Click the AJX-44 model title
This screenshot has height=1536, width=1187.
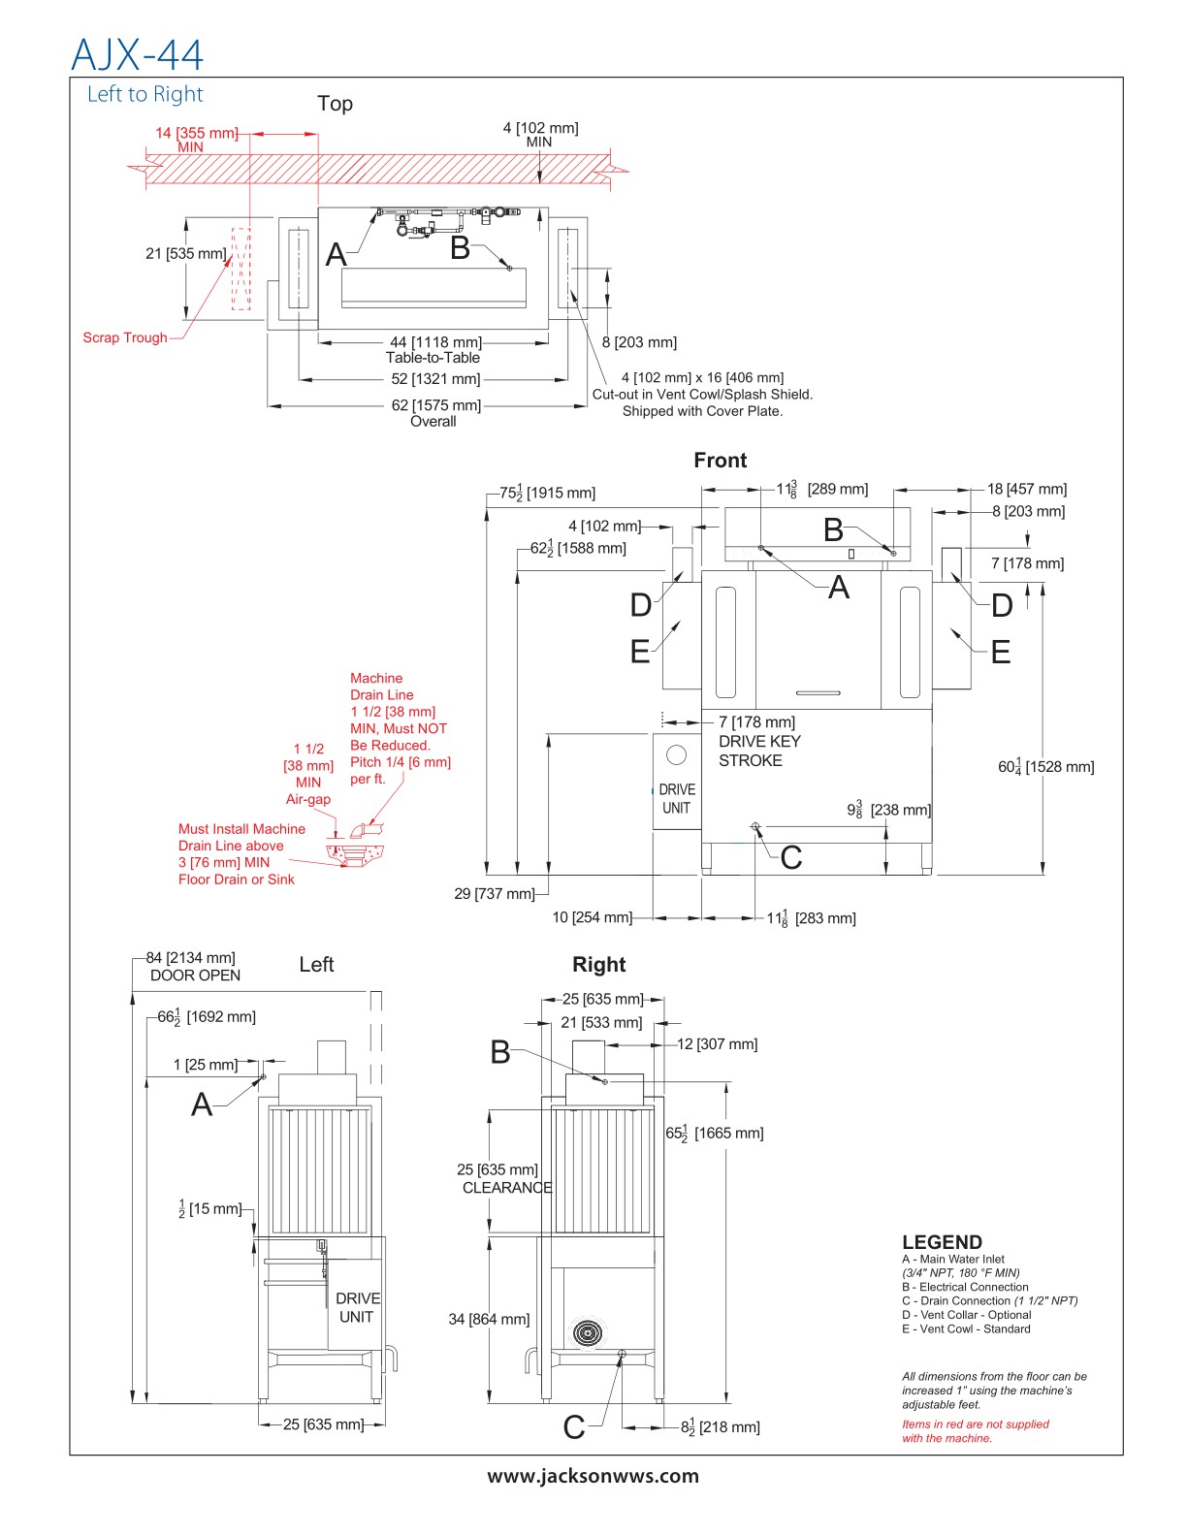click(x=138, y=54)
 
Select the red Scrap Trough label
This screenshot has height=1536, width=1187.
click(x=125, y=337)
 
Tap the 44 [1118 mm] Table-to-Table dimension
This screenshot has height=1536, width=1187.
click(x=434, y=349)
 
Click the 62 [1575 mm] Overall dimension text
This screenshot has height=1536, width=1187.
click(x=435, y=412)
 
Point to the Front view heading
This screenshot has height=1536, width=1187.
click(x=720, y=461)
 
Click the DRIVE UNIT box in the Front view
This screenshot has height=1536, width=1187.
click(x=676, y=782)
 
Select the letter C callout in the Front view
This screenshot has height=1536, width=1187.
click(x=790, y=857)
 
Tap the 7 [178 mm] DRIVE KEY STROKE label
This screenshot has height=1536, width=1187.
click(x=758, y=742)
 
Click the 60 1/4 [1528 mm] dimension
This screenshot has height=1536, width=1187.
click(x=1045, y=766)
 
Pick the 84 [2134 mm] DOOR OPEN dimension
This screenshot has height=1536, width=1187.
click(x=192, y=967)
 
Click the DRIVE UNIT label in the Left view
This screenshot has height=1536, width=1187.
click(x=357, y=1307)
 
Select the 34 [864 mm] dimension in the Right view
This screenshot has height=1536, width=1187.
click(x=489, y=1319)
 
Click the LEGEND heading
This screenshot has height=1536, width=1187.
click(x=942, y=1242)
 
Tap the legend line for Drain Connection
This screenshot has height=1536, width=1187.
click(x=989, y=1301)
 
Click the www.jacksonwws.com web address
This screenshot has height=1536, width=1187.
click(x=593, y=1476)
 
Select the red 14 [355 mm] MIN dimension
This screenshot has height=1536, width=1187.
click(x=195, y=139)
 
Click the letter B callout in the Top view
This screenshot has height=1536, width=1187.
click(x=461, y=248)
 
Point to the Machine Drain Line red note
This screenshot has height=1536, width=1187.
click(x=400, y=728)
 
